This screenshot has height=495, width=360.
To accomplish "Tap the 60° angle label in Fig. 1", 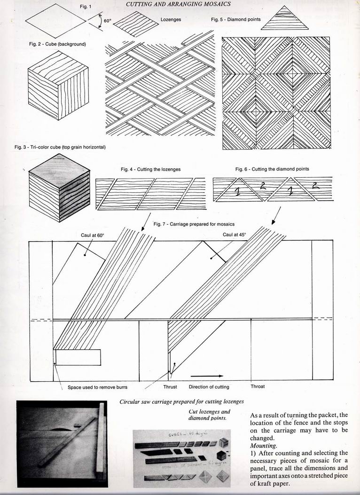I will pyautogui.click(x=107, y=21).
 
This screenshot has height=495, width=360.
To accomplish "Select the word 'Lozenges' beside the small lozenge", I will pyautogui.click(x=171, y=20).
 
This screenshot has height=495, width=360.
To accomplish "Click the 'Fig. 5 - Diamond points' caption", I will pyautogui.click(x=234, y=20).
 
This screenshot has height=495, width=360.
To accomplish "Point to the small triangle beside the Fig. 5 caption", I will pyautogui.click(x=281, y=19).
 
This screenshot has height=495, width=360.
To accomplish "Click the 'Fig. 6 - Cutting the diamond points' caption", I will pyautogui.click(x=272, y=169).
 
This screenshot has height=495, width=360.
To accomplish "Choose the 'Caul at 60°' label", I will pyautogui.click(x=92, y=234).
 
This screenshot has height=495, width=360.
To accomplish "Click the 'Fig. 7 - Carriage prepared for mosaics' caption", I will pyautogui.click(x=194, y=224).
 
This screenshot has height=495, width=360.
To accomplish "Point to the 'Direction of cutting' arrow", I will pyautogui.click(x=207, y=376).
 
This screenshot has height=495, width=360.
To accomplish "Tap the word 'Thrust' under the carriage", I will pyautogui.click(x=170, y=387).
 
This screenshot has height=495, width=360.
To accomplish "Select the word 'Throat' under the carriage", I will pyautogui.click(x=258, y=386).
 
